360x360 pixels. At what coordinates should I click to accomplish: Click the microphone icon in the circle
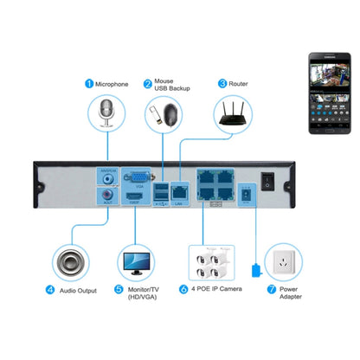tap(107, 113)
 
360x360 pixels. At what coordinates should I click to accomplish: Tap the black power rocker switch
tap(268, 182)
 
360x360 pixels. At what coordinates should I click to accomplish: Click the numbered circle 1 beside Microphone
tap(87, 84)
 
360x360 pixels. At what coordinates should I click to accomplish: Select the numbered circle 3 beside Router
tap(222, 84)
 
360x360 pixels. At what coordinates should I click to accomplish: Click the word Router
tap(240, 84)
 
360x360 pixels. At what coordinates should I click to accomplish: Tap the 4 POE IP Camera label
tap(215, 288)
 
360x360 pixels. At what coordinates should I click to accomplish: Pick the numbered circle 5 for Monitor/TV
tap(119, 290)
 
